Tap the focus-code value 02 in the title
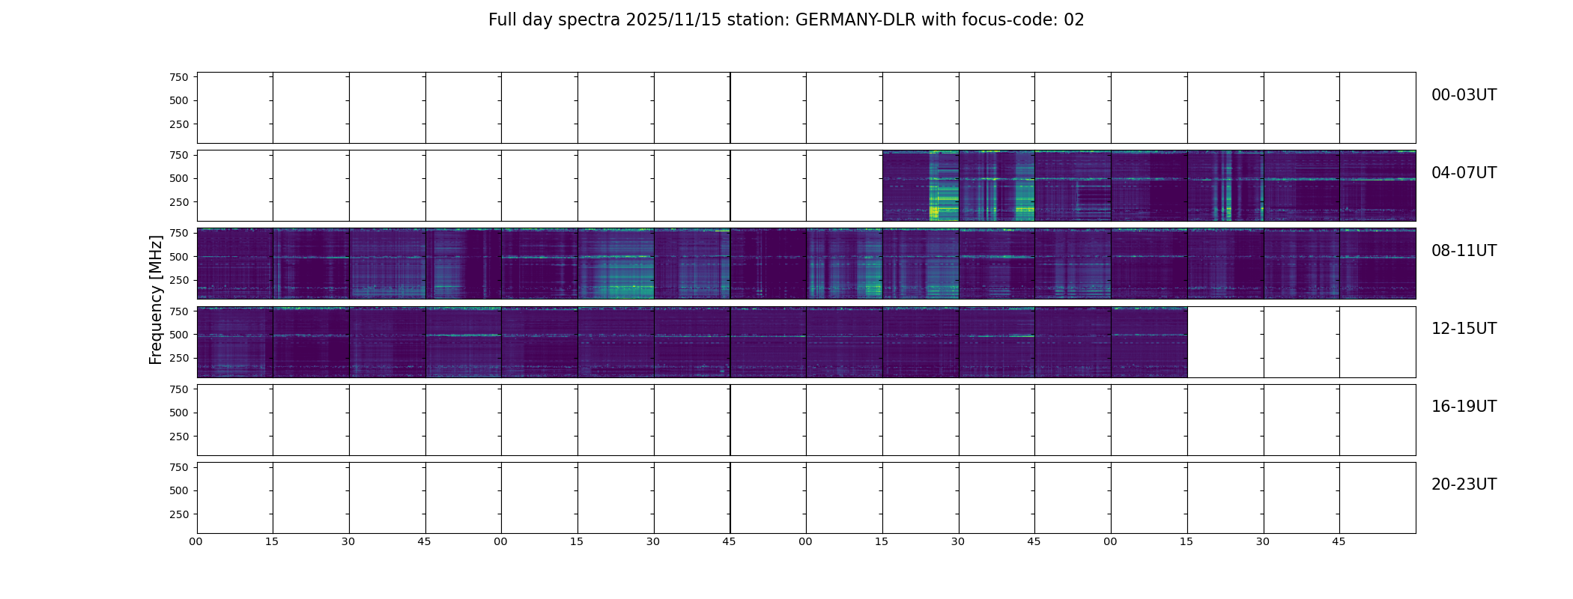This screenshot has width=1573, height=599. point(1073,20)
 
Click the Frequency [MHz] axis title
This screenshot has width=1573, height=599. point(156,299)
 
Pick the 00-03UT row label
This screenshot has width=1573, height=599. point(1464,95)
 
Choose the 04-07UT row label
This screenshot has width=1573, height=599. point(1464,173)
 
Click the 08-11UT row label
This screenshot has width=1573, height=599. point(1464,251)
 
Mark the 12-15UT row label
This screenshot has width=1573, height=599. point(1464,329)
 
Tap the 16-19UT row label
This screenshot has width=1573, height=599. point(1464,407)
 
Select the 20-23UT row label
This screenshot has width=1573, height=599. point(1464,484)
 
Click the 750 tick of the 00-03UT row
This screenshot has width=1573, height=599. point(179,77)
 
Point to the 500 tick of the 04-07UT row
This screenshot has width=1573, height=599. point(179,179)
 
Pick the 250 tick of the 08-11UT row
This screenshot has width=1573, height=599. point(179,281)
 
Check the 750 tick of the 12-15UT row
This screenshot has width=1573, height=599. point(179,311)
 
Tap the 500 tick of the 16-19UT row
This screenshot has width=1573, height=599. point(179,413)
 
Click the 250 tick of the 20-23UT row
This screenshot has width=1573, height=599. point(179,514)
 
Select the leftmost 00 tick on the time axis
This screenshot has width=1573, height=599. point(196,542)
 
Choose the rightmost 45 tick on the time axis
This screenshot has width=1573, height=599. point(1339,542)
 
